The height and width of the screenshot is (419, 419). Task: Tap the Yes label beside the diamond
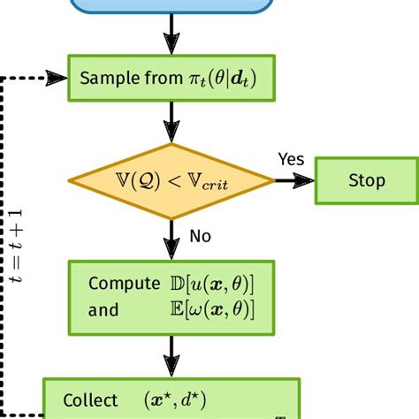[291, 159]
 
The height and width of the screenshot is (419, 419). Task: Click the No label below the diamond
[200, 236]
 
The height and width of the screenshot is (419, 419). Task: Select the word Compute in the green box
[119, 284]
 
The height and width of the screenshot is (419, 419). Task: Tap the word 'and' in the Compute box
[103, 309]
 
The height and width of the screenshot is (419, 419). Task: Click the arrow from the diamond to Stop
[293, 180]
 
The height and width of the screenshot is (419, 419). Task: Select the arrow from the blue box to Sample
[167, 37]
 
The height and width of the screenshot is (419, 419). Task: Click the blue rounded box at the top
[167, 7]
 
